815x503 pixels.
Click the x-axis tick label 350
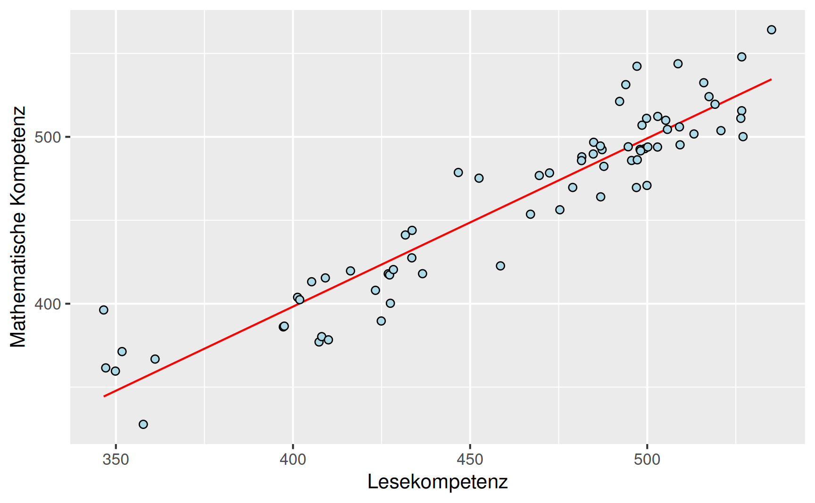tap(116, 459)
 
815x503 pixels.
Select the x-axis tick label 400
tap(293, 459)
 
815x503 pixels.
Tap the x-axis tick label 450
tap(470, 459)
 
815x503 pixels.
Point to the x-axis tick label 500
tap(647, 459)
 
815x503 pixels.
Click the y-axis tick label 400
tap(48, 304)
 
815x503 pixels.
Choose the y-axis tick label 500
tap(48, 137)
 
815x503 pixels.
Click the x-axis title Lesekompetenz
tap(437, 482)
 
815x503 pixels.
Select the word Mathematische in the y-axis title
tap(18, 278)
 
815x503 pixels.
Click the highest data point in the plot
tap(772, 30)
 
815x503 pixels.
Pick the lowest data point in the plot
tap(143, 424)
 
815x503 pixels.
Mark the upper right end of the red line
tap(771, 80)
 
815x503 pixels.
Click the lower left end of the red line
tap(104, 396)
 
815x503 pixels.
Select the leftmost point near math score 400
tap(104, 310)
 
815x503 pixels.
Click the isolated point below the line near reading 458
tap(500, 266)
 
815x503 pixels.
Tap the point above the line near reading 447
tap(458, 173)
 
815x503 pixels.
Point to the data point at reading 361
tap(155, 359)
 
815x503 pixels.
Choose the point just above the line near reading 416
tap(350, 271)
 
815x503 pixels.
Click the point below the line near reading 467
tap(531, 214)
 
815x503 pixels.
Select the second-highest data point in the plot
tap(742, 57)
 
